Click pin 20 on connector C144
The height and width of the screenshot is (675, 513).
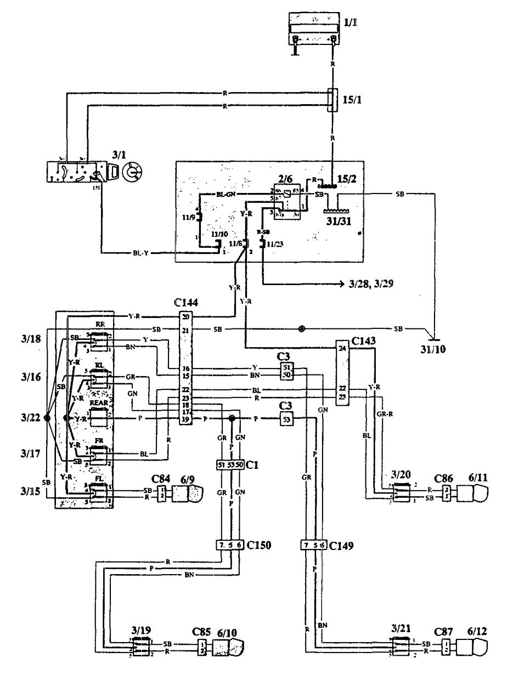pyautogui.click(x=185, y=317)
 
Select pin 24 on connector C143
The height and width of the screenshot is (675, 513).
pyautogui.click(x=343, y=348)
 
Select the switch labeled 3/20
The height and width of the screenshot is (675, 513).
pyautogui.click(x=399, y=492)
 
